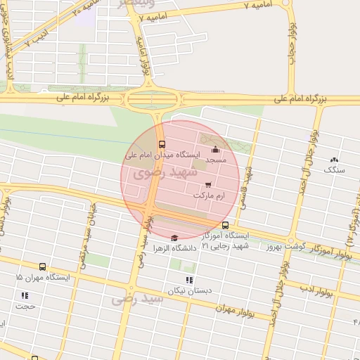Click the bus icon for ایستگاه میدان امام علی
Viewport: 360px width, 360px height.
[162, 144]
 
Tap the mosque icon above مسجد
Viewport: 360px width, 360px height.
[215, 150]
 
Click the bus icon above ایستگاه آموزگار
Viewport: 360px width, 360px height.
[225, 226]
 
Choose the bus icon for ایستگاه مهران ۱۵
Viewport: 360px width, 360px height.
[43, 267]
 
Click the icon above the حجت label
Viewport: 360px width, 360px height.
[25, 295]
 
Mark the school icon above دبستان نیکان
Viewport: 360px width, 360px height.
[188, 280]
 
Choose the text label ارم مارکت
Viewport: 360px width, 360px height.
[211, 193]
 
